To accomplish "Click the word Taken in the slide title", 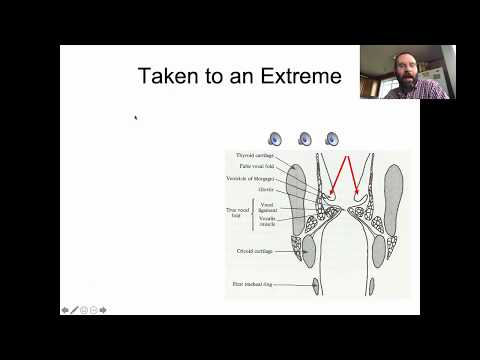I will (x=168, y=76).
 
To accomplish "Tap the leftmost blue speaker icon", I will (x=276, y=140).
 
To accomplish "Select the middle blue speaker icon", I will (x=304, y=140).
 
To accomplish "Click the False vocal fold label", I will (x=256, y=167).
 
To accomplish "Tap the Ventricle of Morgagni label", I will (x=253, y=178).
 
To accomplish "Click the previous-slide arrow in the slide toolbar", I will (x=65, y=309).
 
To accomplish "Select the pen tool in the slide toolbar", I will (x=74, y=309).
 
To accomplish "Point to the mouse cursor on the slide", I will (x=136, y=118).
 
